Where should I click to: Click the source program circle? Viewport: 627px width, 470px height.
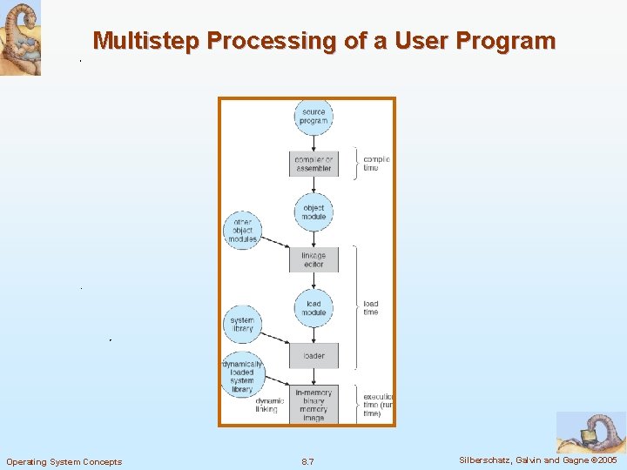(313, 117)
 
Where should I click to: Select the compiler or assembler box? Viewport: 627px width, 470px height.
(313, 164)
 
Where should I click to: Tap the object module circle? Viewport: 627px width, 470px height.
(313, 211)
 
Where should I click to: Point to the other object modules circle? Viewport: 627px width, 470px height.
(243, 231)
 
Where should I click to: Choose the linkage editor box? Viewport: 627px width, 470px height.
(313, 259)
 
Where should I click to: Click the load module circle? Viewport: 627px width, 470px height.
(313, 308)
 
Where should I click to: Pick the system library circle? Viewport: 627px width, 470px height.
(243, 324)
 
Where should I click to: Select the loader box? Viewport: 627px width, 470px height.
(313, 355)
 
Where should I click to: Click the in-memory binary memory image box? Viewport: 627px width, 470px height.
(313, 405)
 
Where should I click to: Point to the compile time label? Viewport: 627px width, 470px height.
(376, 164)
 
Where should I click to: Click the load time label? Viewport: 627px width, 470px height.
(371, 308)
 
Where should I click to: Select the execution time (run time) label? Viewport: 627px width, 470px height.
(378, 405)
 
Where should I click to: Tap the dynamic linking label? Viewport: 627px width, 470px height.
(266, 405)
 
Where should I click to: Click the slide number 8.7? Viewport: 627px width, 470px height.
(307, 461)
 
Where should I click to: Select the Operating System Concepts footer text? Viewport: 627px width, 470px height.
(64, 461)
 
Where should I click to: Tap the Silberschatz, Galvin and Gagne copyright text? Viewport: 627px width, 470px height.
(536, 460)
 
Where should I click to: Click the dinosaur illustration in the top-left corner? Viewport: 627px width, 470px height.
(20, 38)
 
